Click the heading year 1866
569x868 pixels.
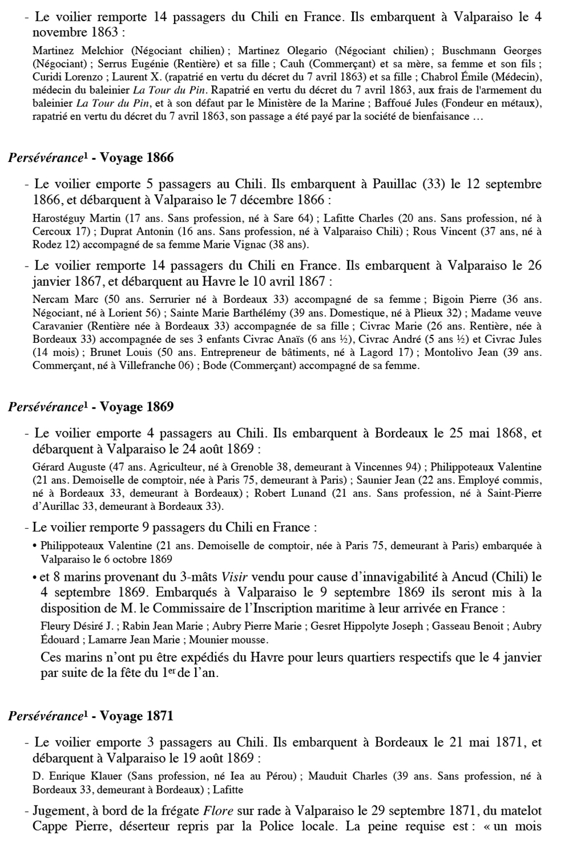tap(160, 158)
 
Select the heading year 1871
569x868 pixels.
tap(159, 716)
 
